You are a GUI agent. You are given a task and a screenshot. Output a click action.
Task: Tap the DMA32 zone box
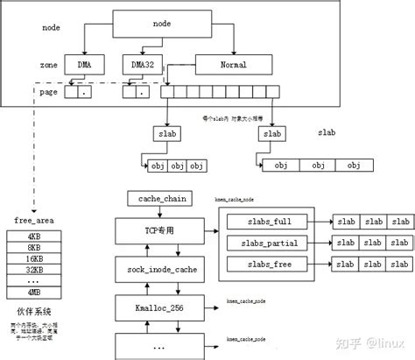[x=142, y=65]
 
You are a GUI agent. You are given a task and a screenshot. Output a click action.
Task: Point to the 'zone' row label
[x=51, y=65]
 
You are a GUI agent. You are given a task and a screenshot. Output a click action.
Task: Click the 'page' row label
[x=51, y=90]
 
